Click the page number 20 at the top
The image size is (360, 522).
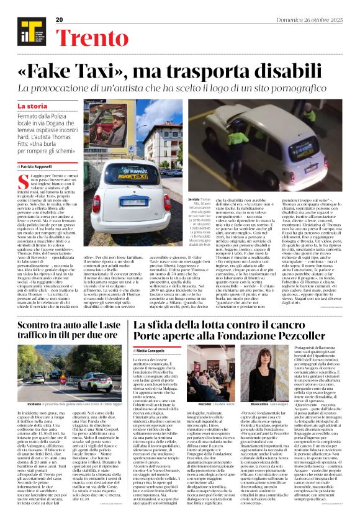tap(60, 20)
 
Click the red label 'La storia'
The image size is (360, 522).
tap(32, 107)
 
